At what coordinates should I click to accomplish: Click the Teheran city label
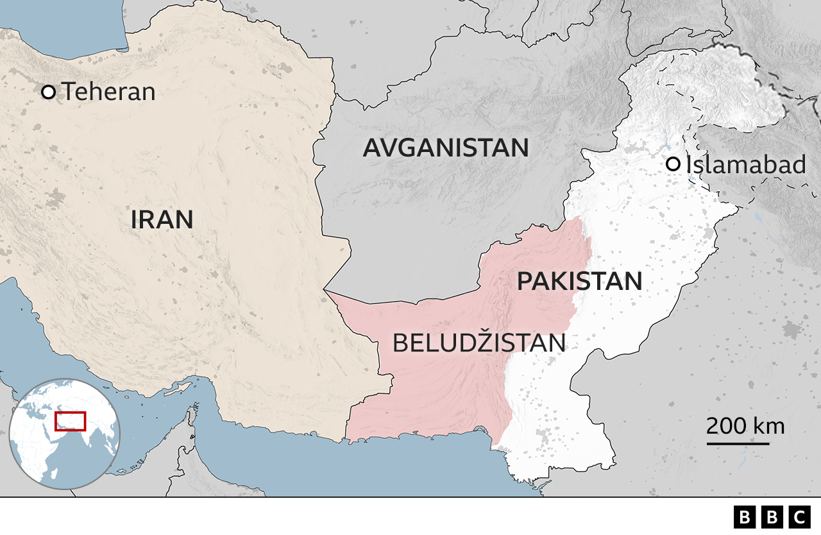[108, 92]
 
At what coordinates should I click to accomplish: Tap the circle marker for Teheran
[48, 92]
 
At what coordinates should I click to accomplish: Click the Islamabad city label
[745, 165]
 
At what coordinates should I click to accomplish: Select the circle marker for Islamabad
[673, 165]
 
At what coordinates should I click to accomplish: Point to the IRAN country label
[162, 220]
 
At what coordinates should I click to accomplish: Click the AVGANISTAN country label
[446, 148]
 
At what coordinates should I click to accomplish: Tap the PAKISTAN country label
[579, 282]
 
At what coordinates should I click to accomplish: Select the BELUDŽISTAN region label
[478, 343]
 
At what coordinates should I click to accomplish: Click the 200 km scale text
[745, 425]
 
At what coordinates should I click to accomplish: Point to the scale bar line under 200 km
[738, 443]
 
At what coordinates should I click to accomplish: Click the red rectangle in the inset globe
[70, 421]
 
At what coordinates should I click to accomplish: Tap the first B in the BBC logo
[744, 516]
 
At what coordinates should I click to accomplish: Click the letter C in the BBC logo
[799, 516]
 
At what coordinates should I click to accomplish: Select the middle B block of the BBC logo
[772, 516]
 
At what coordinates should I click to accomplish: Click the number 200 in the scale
[727, 425]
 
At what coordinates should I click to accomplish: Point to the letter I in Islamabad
[689, 165]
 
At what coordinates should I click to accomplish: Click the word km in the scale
[769, 425]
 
